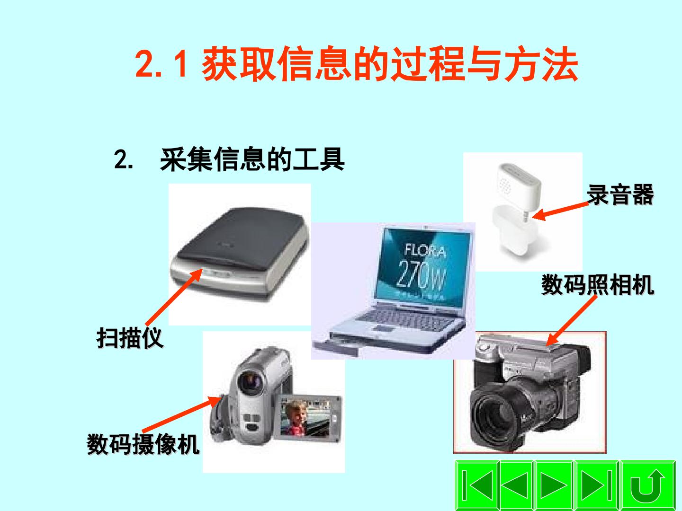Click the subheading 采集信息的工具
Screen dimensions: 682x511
[x=252, y=159]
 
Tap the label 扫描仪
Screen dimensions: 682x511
[x=130, y=337]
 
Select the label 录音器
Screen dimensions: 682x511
[x=620, y=194]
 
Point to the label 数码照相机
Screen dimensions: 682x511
[x=598, y=284]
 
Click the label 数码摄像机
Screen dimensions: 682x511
[x=143, y=444]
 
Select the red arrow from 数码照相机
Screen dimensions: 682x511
[x=571, y=320]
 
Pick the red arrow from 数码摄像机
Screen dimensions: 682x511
[x=182, y=414]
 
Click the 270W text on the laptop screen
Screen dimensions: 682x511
[x=422, y=273]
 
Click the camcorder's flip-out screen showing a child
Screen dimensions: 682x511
[x=305, y=418]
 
